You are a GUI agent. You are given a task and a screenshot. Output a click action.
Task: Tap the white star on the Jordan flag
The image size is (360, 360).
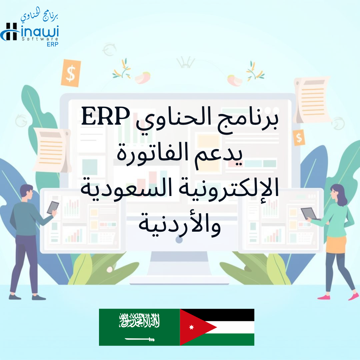191,327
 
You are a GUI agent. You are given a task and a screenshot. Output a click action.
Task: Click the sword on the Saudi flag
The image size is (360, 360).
140,339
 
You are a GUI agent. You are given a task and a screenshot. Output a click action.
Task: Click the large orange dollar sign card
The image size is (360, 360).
71,73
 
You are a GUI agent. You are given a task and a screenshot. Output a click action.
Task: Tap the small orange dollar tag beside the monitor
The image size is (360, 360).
299,138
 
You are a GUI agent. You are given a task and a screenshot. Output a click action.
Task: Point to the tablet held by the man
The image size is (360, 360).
53,208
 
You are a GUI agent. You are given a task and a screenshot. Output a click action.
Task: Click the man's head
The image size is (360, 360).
26,192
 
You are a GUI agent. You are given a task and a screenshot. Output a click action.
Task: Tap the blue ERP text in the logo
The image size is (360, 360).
53,44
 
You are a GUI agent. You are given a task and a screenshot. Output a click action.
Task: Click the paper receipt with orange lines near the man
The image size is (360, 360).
52,150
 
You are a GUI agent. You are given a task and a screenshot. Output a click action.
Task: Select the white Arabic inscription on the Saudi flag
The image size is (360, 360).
139,320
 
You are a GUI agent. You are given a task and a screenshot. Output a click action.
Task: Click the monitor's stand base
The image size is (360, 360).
179,280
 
